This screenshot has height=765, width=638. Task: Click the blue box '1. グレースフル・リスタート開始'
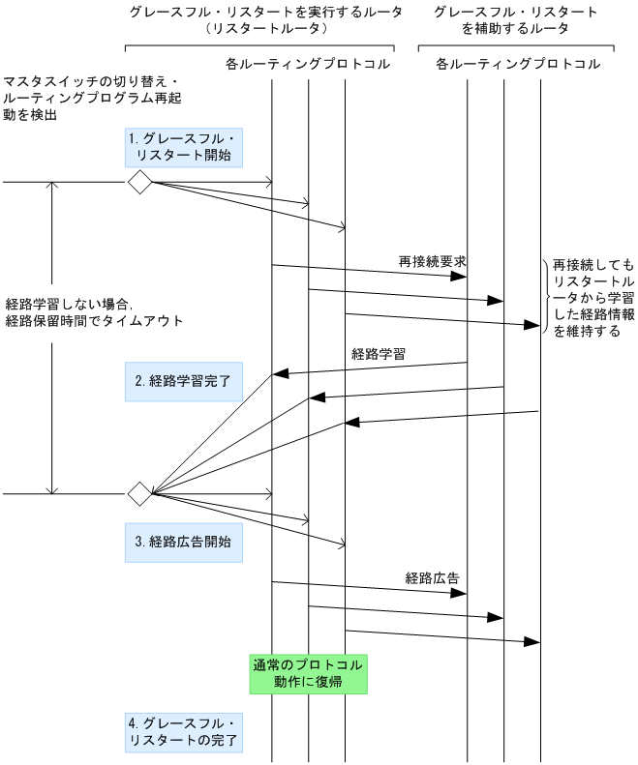point(183,146)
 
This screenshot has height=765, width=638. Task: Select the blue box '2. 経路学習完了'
point(183,381)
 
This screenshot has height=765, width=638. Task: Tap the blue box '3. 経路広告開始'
point(183,543)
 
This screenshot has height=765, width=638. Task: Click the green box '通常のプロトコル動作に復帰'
point(308,673)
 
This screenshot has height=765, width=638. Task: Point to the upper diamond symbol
point(140,182)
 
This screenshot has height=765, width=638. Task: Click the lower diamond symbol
point(140,493)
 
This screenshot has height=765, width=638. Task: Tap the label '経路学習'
point(378,354)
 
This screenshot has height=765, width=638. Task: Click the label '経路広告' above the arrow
point(432,578)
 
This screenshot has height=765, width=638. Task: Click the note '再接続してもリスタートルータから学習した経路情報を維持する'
point(592,297)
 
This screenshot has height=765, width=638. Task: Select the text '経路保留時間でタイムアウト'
point(93,320)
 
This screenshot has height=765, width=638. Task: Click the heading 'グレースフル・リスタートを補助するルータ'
point(515,20)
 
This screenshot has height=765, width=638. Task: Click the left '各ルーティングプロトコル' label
point(300,65)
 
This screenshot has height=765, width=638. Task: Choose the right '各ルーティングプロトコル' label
point(517,65)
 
